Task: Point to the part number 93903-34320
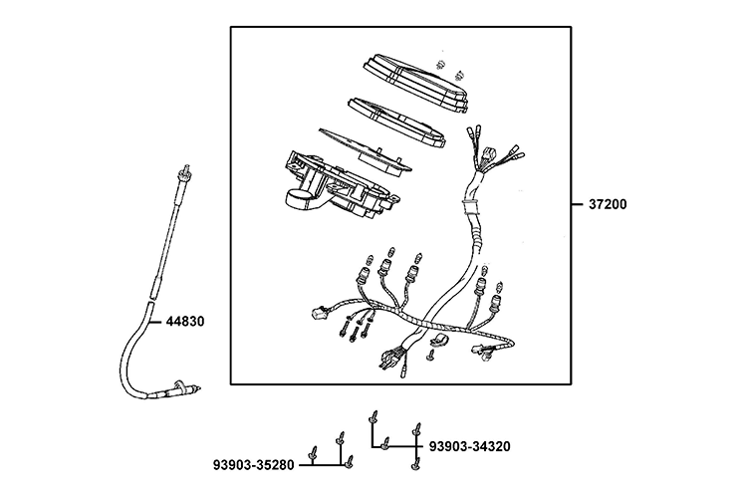click(x=469, y=445)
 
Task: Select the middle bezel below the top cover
click(x=398, y=117)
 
